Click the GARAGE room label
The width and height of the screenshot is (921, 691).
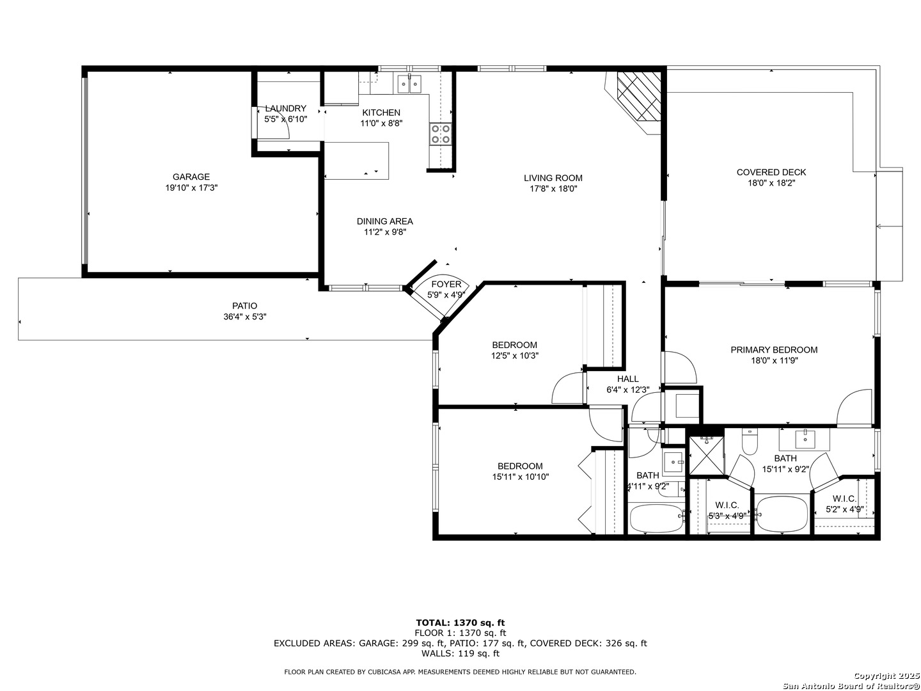[x=191, y=177]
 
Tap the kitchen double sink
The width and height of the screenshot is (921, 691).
[x=409, y=84]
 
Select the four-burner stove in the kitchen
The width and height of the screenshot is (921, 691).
[x=440, y=134]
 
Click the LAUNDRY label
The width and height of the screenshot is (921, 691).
[x=286, y=109]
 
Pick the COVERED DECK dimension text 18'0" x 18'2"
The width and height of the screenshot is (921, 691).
[x=771, y=184]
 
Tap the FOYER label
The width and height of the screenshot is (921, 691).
[x=446, y=285]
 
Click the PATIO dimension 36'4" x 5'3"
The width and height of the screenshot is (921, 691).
[x=244, y=317]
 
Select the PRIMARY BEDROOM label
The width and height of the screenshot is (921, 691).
[x=774, y=350]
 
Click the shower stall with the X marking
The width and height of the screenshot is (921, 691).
[x=707, y=456]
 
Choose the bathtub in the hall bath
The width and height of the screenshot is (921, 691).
[x=656, y=518]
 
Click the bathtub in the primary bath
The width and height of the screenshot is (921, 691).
[x=781, y=514]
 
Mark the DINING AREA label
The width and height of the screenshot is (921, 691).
[x=385, y=221]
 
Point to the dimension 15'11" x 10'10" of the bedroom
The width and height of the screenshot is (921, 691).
[x=520, y=477]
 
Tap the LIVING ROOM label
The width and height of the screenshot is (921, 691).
[x=553, y=178]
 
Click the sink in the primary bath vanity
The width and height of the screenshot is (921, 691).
[x=805, y=440]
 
